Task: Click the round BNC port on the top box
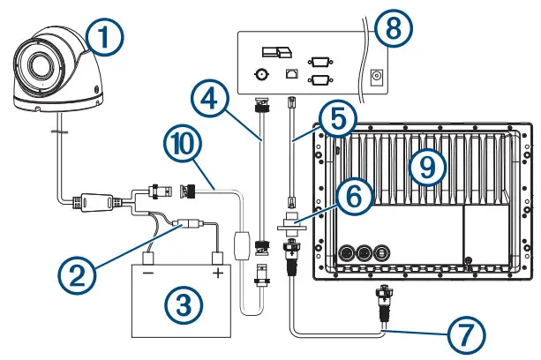(260, 76)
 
